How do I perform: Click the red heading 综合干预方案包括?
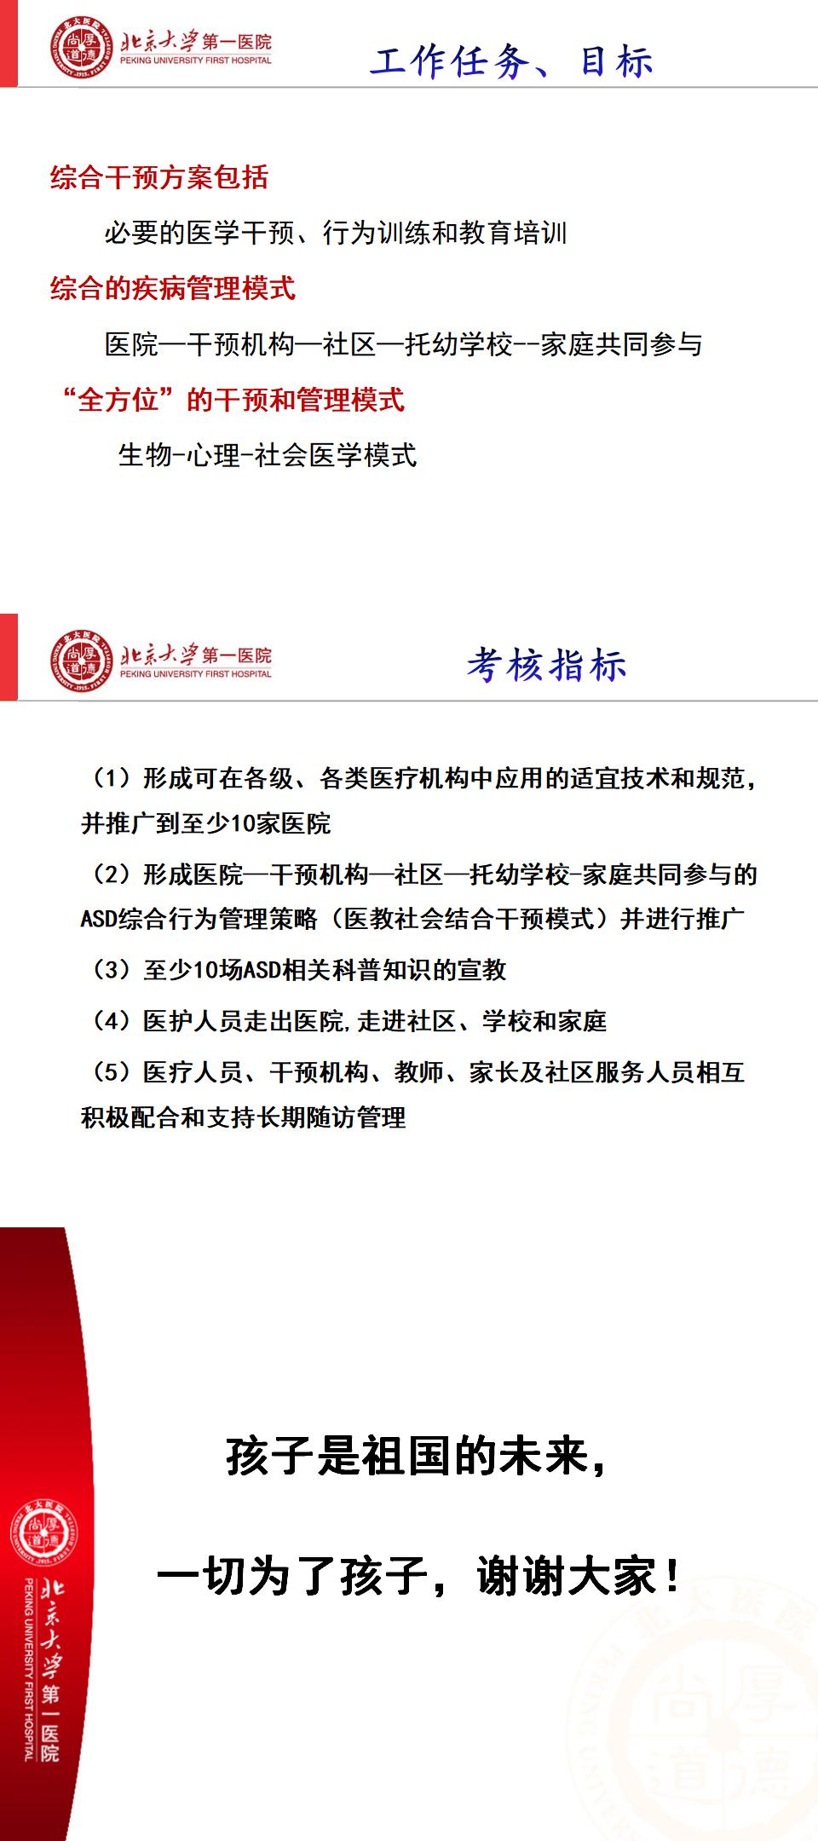159,177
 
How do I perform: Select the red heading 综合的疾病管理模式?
173,288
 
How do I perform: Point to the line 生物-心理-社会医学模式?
268,455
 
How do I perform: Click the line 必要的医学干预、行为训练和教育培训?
336,233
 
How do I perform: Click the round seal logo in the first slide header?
81,51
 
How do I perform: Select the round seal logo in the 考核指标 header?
81,661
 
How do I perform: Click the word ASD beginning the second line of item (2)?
100,919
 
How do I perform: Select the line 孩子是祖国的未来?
417,1457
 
